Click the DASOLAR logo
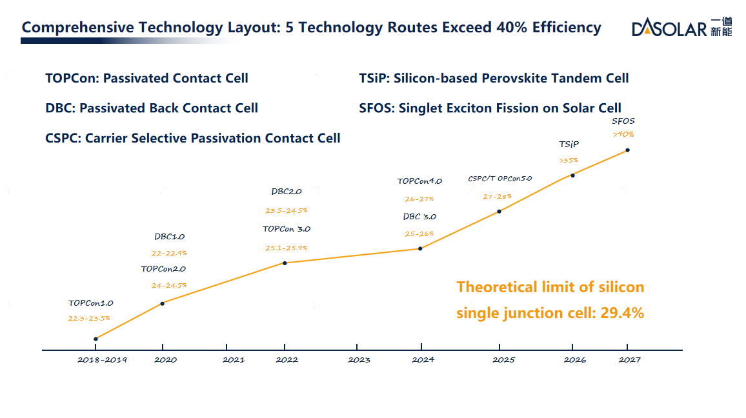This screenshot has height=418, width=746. (x=681, y=27)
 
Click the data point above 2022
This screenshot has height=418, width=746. (x=285, y=263)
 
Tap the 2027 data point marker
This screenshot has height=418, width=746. (x=627, y=150)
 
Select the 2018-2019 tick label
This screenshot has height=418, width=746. (x=102, y=360)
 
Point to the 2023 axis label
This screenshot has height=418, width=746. (x=359, y=360)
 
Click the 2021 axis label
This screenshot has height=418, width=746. (x=234, y=360)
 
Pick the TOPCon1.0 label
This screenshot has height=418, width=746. (x=91, y=303)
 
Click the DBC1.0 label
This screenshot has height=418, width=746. (x=169, y=237)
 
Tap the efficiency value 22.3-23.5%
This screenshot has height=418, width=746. (x=88, y=318)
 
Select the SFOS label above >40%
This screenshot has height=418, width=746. (x=623, y=121)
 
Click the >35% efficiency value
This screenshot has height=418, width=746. (x=569, y=160)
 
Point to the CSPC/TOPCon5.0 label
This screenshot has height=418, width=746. (x=499, y=179)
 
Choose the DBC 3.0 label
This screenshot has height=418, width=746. (x=419, y=217)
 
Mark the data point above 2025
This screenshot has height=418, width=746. (x=499, y=211)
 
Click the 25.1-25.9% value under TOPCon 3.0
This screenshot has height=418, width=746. (x=286, y=248)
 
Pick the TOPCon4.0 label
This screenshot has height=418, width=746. (x=419, y=181)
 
